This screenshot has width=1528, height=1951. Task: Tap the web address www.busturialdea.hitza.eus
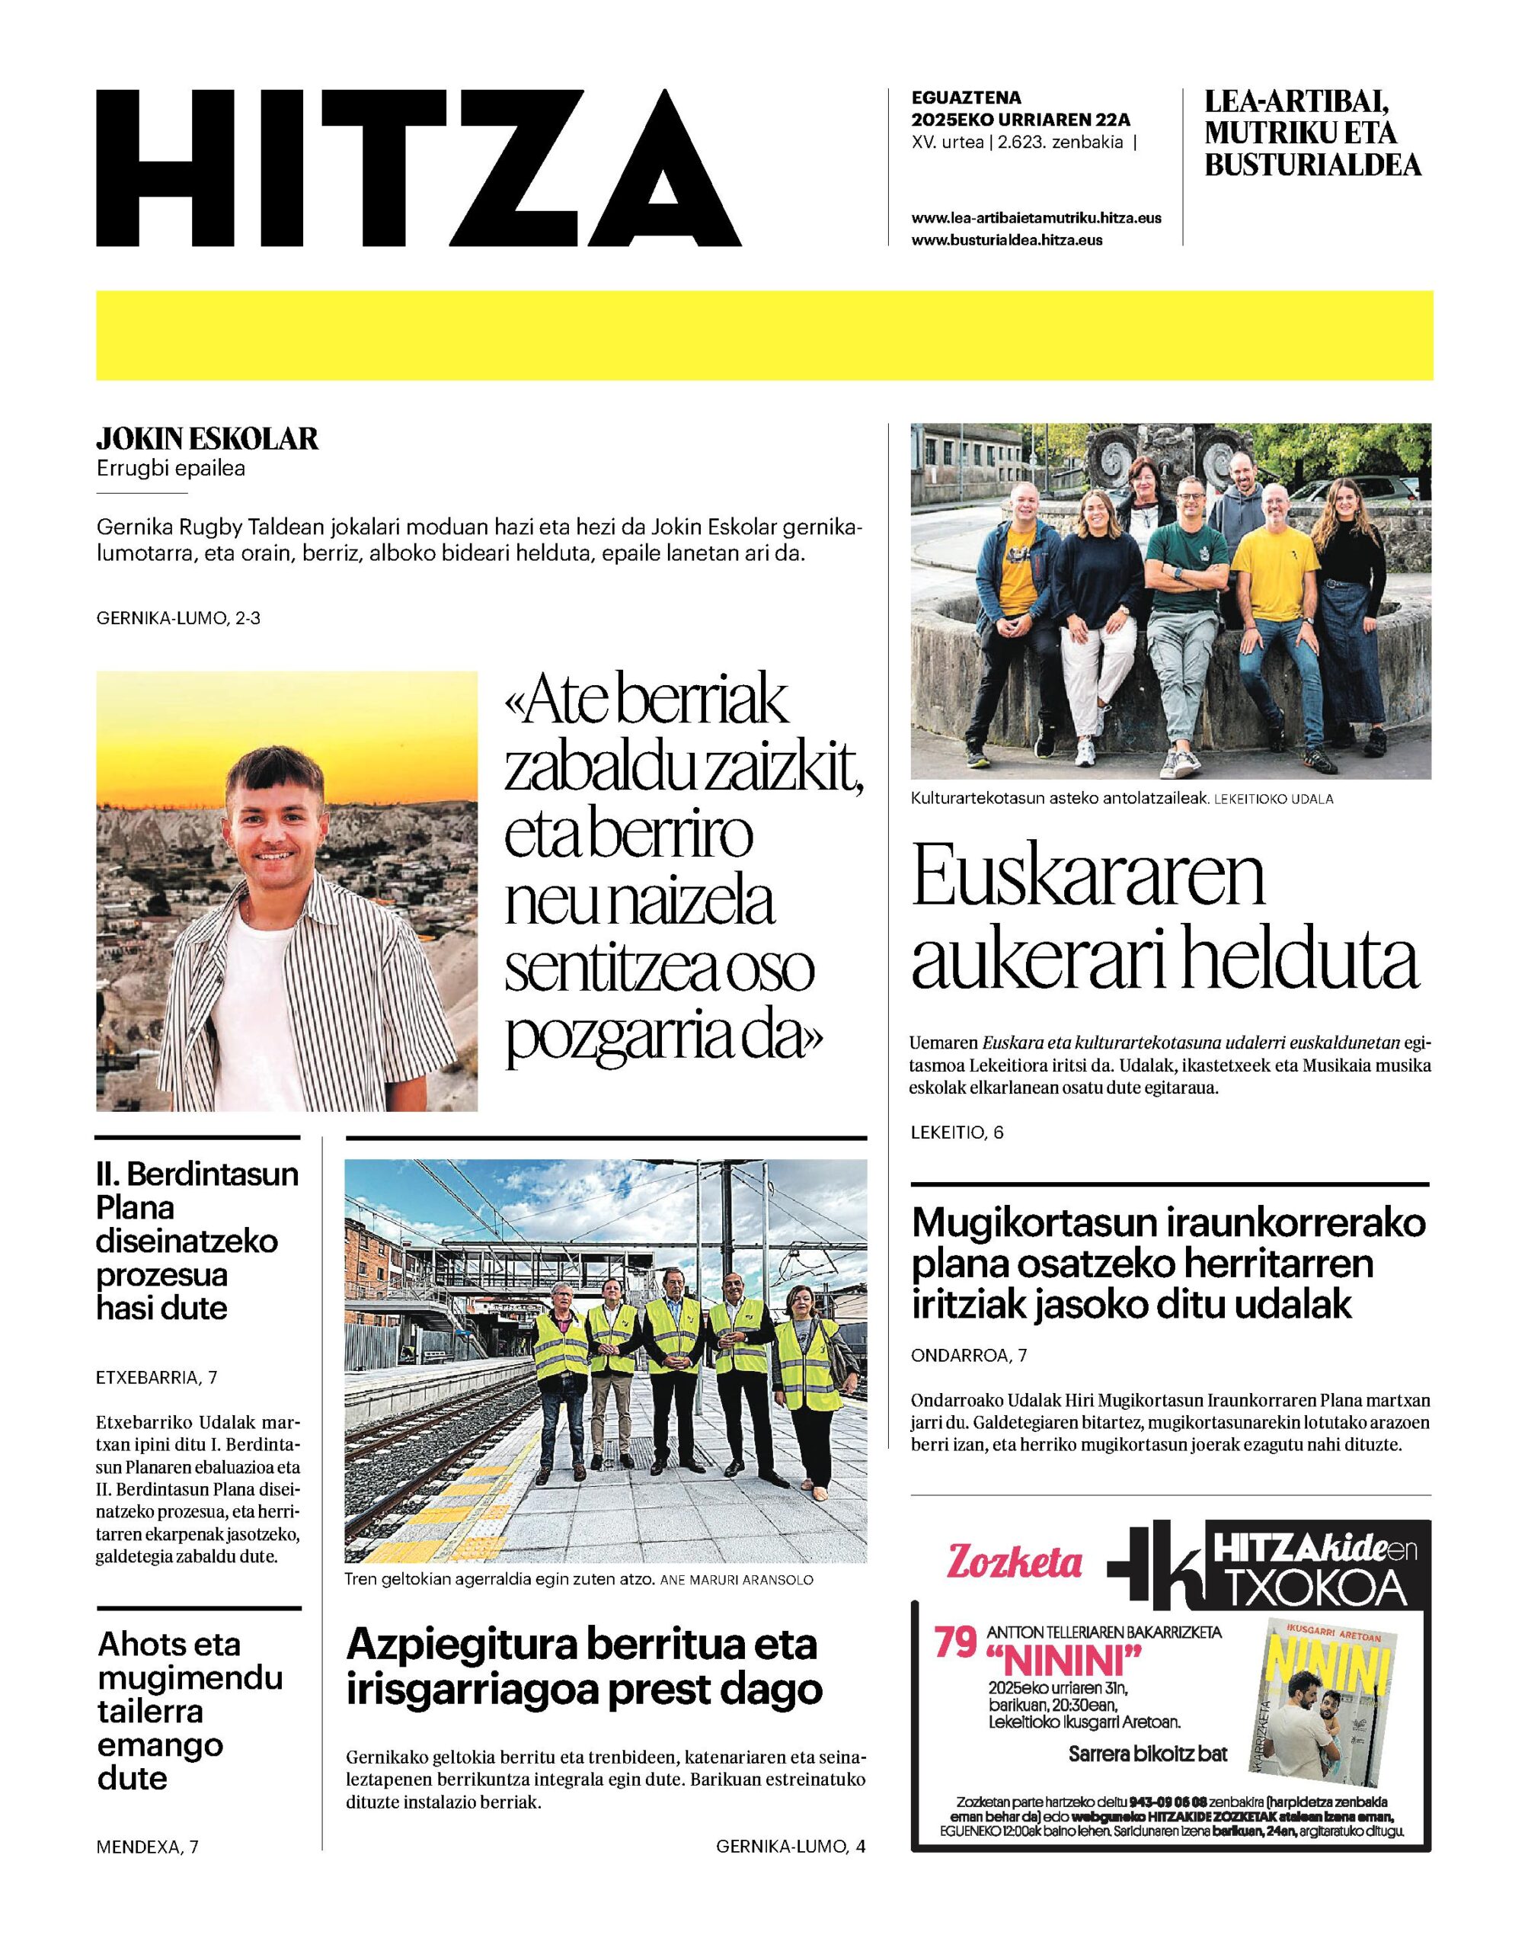(x=1006, y=240)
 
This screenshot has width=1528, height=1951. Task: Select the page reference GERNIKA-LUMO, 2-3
(x=178, y=617)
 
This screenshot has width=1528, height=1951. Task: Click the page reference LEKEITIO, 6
(x=957, y=1132)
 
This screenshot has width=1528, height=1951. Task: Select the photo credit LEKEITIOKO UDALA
(x=1273, y=799)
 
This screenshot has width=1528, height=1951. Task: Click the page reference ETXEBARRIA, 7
(x=157, y=1377)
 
